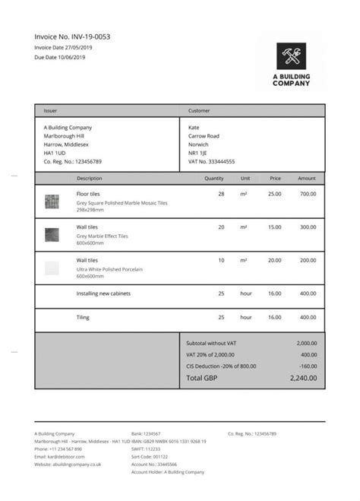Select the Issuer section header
(50, 111)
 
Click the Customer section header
(199, 111)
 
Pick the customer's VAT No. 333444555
(211, 161)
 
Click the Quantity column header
(214, 178)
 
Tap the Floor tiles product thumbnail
(52, 201)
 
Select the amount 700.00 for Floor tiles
(307, 195)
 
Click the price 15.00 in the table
(274, 227)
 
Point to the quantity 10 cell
(221, 260)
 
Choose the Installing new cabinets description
(104, 293)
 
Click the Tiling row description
(84, 317)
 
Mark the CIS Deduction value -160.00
(308, 366)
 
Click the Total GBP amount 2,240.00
(303, 378)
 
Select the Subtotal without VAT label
(211, 343)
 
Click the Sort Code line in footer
(150, 456)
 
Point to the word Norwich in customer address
(200, 144)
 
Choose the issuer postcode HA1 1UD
(55, 153)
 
